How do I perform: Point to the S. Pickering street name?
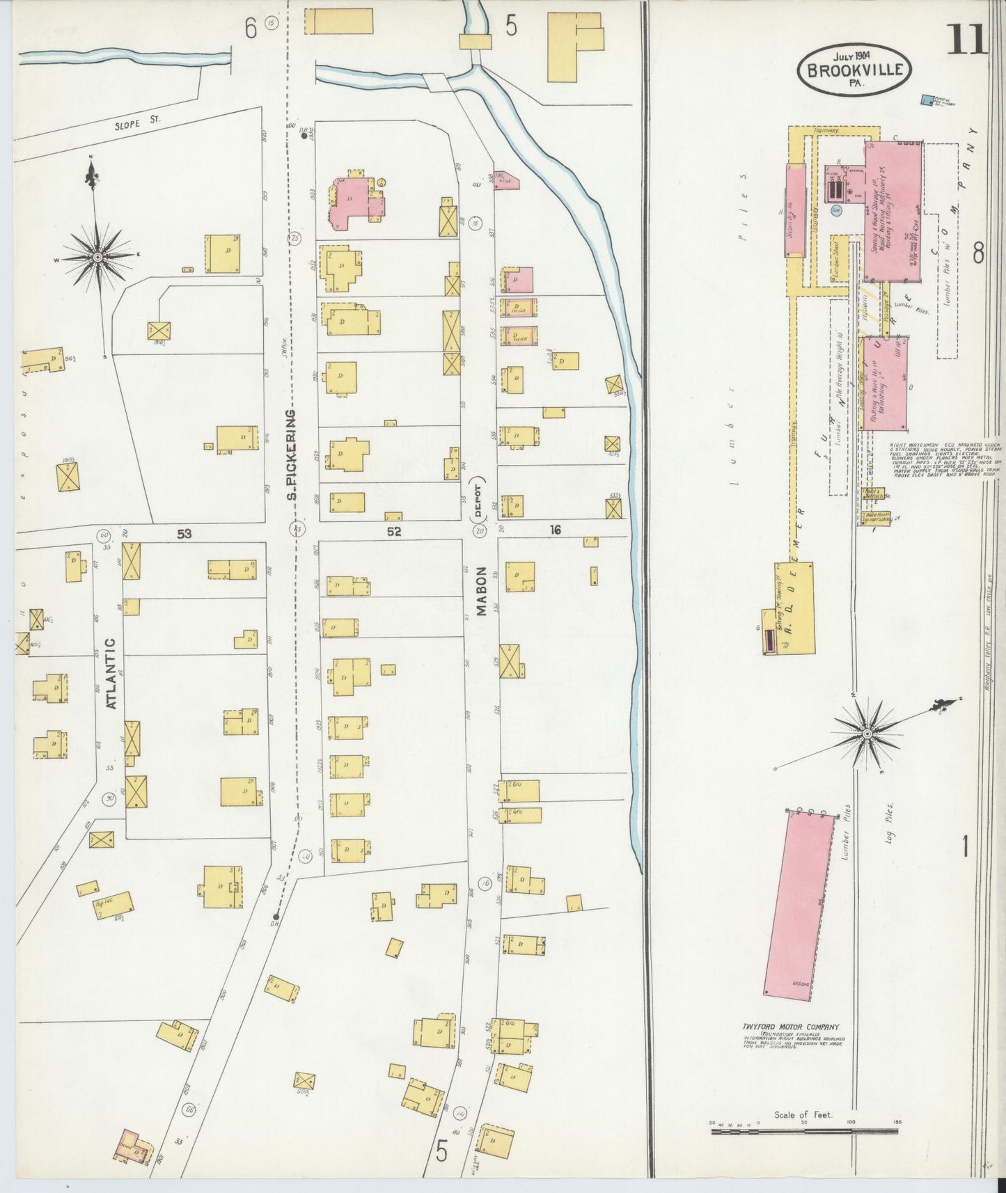pos(292,455)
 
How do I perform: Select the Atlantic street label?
pos(111,673)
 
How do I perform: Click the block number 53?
pos(184,534)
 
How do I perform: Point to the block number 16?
pos(555,530)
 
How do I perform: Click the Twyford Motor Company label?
pos(790,1026)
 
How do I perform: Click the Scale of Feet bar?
pos(804,1132)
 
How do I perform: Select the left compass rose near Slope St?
pos(97,258)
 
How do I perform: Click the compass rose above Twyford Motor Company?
pos(867,734)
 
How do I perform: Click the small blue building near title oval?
pos(927,101)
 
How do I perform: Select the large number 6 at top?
pos(251,28)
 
